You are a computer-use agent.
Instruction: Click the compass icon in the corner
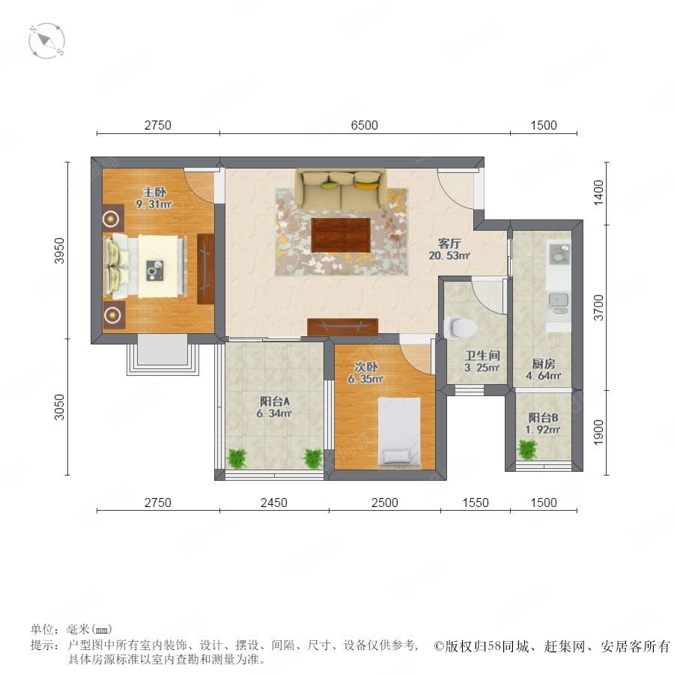pos(46,41)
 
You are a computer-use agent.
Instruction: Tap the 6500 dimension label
pos(365,125)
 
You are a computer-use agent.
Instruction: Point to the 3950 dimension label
pos(59,251)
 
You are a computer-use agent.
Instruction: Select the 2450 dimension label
pos(274,503)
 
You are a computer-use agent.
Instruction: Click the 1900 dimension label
pos(598,432)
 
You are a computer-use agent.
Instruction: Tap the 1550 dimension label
pos(476,503)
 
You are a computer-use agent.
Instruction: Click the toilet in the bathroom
pos(460,327)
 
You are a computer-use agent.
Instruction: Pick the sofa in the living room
pos(341,189)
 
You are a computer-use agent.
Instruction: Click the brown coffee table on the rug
pos(341,235)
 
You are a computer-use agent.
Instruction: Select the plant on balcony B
pos(527,449)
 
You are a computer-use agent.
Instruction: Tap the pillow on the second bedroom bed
pos(396,457)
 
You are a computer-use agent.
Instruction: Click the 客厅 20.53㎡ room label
pos(449,249)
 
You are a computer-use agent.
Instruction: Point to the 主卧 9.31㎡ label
pos(154,198)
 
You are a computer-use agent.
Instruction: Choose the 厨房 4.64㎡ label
pos(544,370)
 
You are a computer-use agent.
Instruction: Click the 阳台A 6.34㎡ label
pos(274,407)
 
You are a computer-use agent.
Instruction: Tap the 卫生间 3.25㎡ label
pos(482,362)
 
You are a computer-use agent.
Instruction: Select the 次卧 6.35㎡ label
pos(365,373)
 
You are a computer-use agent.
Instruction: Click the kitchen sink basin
pos(559,299)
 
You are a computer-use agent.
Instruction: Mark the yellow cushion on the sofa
pos(365,185)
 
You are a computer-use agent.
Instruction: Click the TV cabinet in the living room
pos(342,327)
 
